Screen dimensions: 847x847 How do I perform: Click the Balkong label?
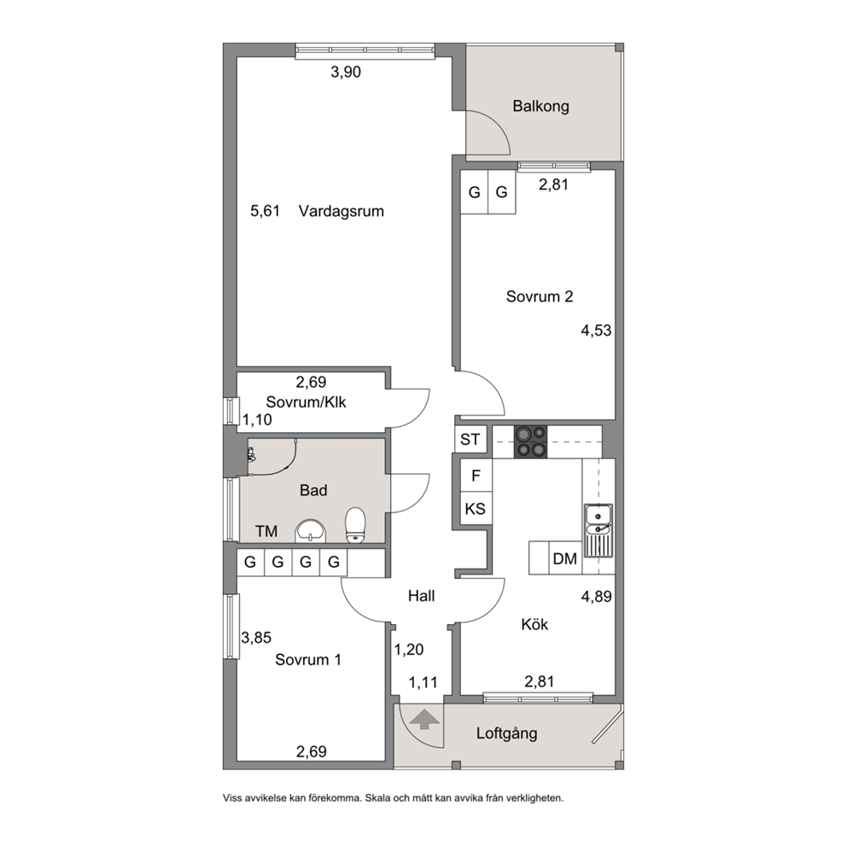540,106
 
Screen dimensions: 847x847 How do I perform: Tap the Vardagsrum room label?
342,211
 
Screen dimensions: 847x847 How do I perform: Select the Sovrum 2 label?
539,296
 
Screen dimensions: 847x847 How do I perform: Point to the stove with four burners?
530,442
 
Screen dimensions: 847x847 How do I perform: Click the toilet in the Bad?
355,524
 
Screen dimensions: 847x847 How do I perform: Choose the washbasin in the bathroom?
311,531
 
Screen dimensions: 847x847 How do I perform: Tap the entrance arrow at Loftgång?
424,719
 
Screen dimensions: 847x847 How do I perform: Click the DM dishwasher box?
565,558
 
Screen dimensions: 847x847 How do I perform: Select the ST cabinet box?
470,439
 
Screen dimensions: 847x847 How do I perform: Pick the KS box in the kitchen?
476,508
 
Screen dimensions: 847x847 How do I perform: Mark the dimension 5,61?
266,211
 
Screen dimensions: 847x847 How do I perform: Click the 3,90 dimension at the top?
346,72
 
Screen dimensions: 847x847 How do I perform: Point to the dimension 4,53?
596,330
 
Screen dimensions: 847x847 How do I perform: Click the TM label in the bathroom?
266,532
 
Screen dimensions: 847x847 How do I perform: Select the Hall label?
421,596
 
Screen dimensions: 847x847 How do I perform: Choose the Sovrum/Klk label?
306,402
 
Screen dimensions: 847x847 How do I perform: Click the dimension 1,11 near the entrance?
423,683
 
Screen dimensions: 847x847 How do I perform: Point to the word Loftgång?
506,733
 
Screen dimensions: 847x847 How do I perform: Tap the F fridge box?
476,476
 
